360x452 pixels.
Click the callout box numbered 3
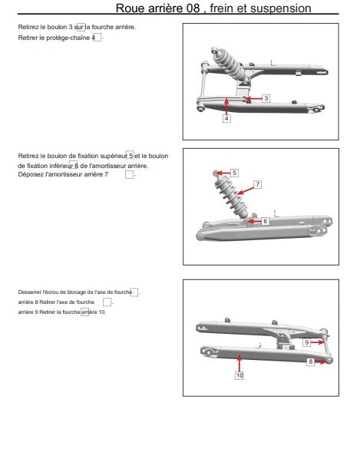pyautogui.click(x=266, y=98)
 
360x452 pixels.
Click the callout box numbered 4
pyautogui.click(x=226, y=118)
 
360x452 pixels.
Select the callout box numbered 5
pyautogui.click(x=234, y=173)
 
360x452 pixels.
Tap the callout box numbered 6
pyautogui.click(x=265, y=221)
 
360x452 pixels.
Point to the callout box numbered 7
pyautogui.click(x=258, y=184)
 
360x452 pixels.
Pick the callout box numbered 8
pyautogui.click(x=310, y=361)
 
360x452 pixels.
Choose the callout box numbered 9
pyautogui.click(x=307, y=342)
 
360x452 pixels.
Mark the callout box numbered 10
pyautogui.click(x=239, y=375)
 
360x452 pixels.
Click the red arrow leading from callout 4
pyautogui.click(x=226, y=107)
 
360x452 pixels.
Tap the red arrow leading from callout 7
pyautogui.click(x=246, y=191)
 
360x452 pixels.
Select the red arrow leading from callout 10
pyautogui.click(x=239, y=363)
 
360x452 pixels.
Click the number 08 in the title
pyautogui.click(x=193, y=8)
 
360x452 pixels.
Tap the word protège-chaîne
pyautogui.click(x=68, y=38)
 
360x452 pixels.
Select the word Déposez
pyautogui.click(x=31, y=174)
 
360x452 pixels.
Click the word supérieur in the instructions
pyautogui.click(x=114, y=156)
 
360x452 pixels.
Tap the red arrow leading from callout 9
pyautogui.click(x=318, y=342)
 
